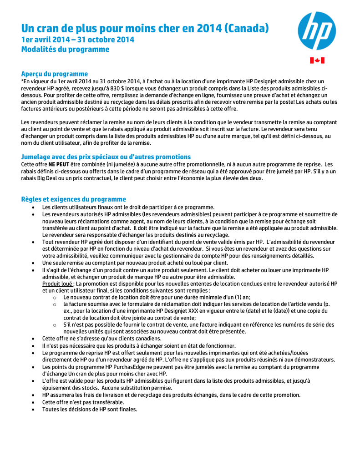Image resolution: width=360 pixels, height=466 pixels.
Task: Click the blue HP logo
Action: coord(317,31)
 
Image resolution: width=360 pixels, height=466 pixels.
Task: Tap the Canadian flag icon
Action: coord(317,61)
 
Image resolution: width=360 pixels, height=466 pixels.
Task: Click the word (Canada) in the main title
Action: coord(246,28)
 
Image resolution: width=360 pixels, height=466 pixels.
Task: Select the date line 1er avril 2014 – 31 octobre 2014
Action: coord(78,40)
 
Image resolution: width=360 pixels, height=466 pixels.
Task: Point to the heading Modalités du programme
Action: coord(66,49)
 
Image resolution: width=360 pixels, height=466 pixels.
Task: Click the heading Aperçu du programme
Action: coord(55,74)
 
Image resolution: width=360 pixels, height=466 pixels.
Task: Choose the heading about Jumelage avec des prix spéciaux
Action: coord(106,157)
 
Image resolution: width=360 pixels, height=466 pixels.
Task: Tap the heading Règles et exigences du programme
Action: coord(74,199)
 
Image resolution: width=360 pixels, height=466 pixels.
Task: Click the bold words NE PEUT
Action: coord(59,164)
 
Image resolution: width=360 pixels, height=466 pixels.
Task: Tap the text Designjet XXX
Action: coord(176,311)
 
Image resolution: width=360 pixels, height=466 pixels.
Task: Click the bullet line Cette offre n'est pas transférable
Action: coord(83,402)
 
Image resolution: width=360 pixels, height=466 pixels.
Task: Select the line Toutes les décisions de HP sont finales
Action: coord(90,409)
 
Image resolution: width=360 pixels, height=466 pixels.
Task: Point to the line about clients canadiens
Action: coord(101,339)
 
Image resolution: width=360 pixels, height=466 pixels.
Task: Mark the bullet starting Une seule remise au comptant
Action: coord(135,263)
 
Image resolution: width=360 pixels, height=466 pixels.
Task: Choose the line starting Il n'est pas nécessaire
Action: coord(139,345)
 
